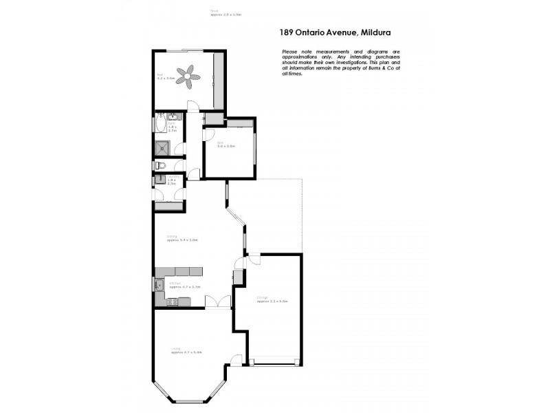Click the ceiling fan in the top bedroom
pyautogui.click(x=188, y=76)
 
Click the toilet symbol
pyautogui.click(x=158, y=165)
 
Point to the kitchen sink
pyautogui.click(x=159, y=284)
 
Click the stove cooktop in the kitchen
pyautogui.click(x=172, y=301)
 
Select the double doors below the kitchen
pyautogui.click(x=222, y=303)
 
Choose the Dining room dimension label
pyautogui.click(x=183, y=239)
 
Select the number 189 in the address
pyautogui.click(x=288, y=31)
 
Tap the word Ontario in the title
pyautogui.click(x=316, y=31)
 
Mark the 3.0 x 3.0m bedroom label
pyautogui.click(x=226, y=146)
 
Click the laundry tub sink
pyautogui.click(x=159, y=180)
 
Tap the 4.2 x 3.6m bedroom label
pyautogui.click(x=166, y=76)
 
